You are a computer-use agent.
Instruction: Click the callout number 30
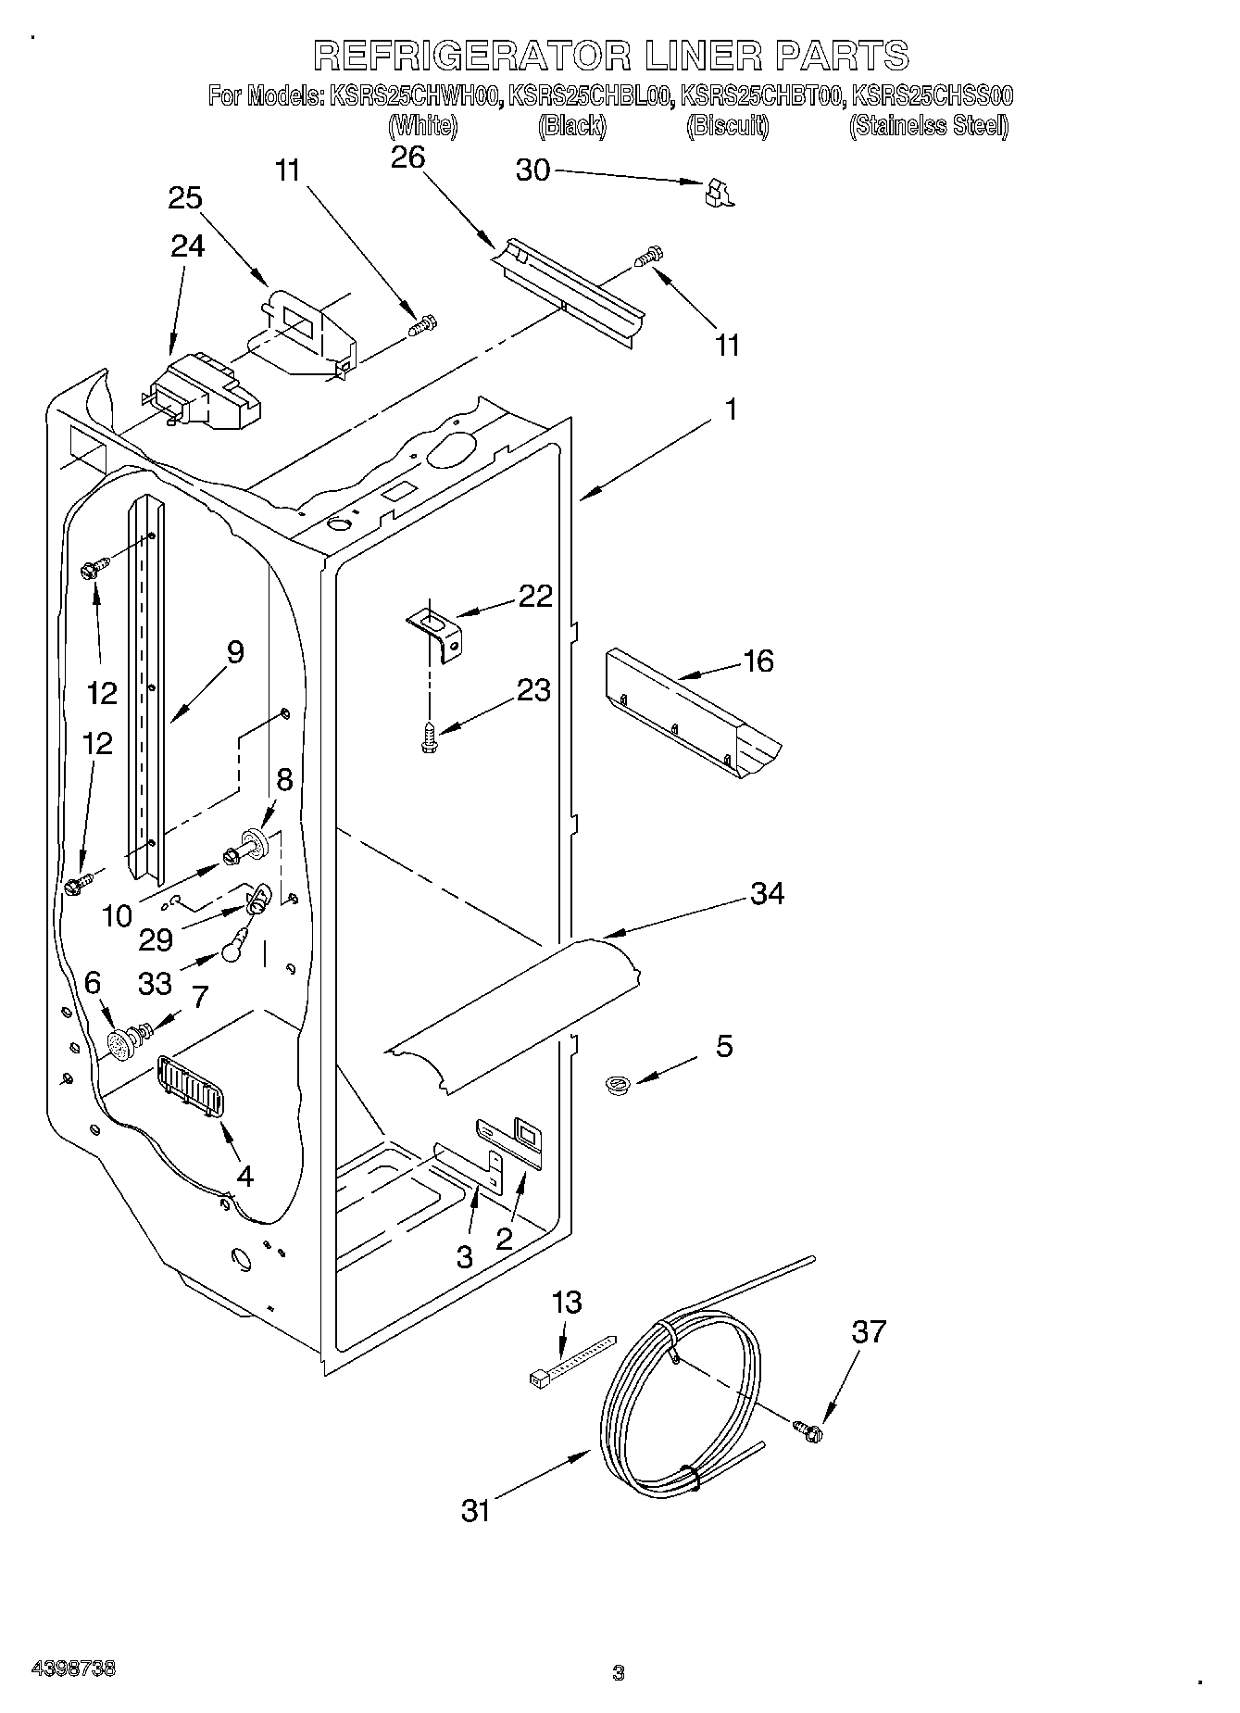pyautogui.click(x=532, y=170)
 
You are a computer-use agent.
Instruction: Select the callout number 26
pyautogui.click(x=407, y=157)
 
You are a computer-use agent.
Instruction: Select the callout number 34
pyautogui.click(x=768, y=894)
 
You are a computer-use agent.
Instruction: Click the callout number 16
pyautogui.click(x=758, y=661)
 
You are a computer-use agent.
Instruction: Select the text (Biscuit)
pyautogui.click(x=727, y=126)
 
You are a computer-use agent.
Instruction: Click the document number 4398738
pyautogui.click(x=74, y=1669)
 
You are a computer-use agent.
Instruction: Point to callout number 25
pyautogui.click(x=185, y=198)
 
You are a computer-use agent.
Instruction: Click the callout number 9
pyautogui.click(x=235, y=652)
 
